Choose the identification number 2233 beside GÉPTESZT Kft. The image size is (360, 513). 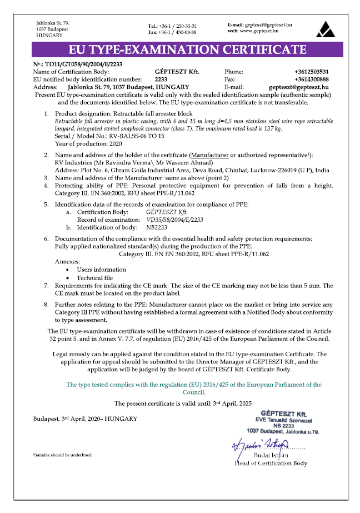click(162, 79)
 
